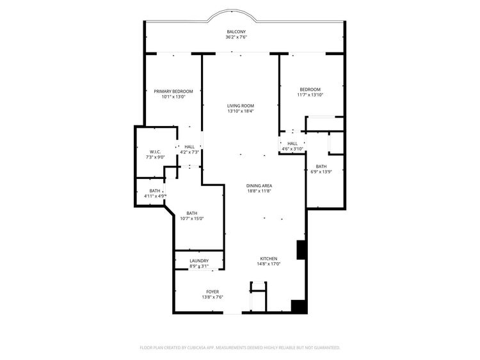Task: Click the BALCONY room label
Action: point(236,31)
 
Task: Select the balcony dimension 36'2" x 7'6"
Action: point(236,37)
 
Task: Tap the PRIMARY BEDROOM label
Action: point(173,91)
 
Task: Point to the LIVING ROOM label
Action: point(241,106)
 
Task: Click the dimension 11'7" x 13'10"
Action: point(310,95)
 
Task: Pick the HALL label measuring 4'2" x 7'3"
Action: point(189,146)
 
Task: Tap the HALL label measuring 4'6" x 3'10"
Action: point(292,143)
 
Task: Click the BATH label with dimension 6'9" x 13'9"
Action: point(321,166)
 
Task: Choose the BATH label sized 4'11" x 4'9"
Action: point(155,191)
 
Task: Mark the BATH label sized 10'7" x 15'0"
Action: point(191,213)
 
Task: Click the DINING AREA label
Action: point(259,185)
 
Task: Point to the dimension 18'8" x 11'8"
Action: point(259,191)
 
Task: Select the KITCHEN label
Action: point(268,258)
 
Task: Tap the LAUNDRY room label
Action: point(199,261)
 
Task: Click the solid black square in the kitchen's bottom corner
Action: point(298,306)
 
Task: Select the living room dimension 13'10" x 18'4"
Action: point(241,111)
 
